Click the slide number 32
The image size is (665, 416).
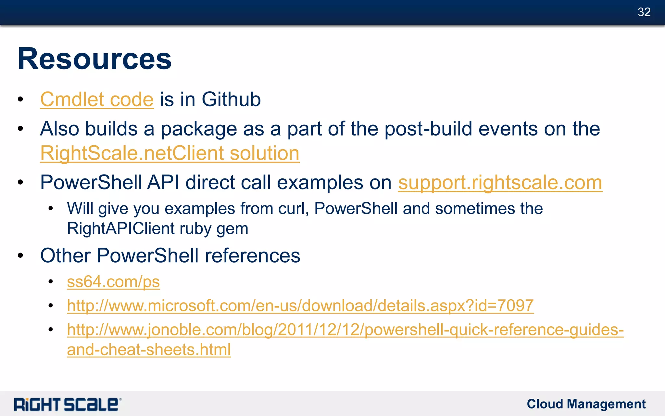644,12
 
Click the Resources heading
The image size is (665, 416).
94,59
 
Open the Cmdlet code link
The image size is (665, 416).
97,99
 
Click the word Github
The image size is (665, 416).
231,99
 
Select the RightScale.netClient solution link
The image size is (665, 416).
169,153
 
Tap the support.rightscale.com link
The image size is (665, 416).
500,182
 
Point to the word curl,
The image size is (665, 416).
293,208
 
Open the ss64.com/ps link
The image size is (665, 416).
113,282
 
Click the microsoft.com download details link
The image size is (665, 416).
300,305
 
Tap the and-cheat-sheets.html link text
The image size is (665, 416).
149,350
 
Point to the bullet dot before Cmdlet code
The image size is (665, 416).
20,99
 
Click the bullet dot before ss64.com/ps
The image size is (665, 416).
50,282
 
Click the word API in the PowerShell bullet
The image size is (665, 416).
163,182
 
